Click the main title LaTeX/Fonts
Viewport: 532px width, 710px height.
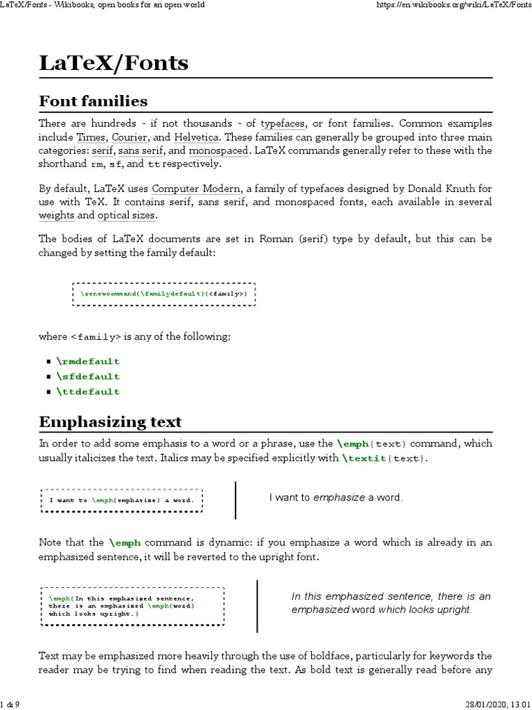coord(113,64)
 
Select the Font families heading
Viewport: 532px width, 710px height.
coord(93,101)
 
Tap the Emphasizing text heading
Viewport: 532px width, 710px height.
coord(110,422)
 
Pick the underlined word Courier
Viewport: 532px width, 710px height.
coord(129,137)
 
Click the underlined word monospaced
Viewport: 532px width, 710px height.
coord(217,150)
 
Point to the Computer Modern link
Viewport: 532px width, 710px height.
coord(197,188)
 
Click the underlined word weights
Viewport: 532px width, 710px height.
coord(57,216)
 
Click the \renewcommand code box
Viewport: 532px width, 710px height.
coord(163,294)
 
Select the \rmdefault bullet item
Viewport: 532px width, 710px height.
coord(88,361)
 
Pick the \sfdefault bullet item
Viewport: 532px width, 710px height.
coord(88,376)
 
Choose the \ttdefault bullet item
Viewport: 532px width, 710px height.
coord(88,392)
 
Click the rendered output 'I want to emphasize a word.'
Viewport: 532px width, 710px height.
coord(336,498)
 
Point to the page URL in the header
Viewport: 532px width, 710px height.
coord(454,6)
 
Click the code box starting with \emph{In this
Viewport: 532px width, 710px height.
coord(132,605)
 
